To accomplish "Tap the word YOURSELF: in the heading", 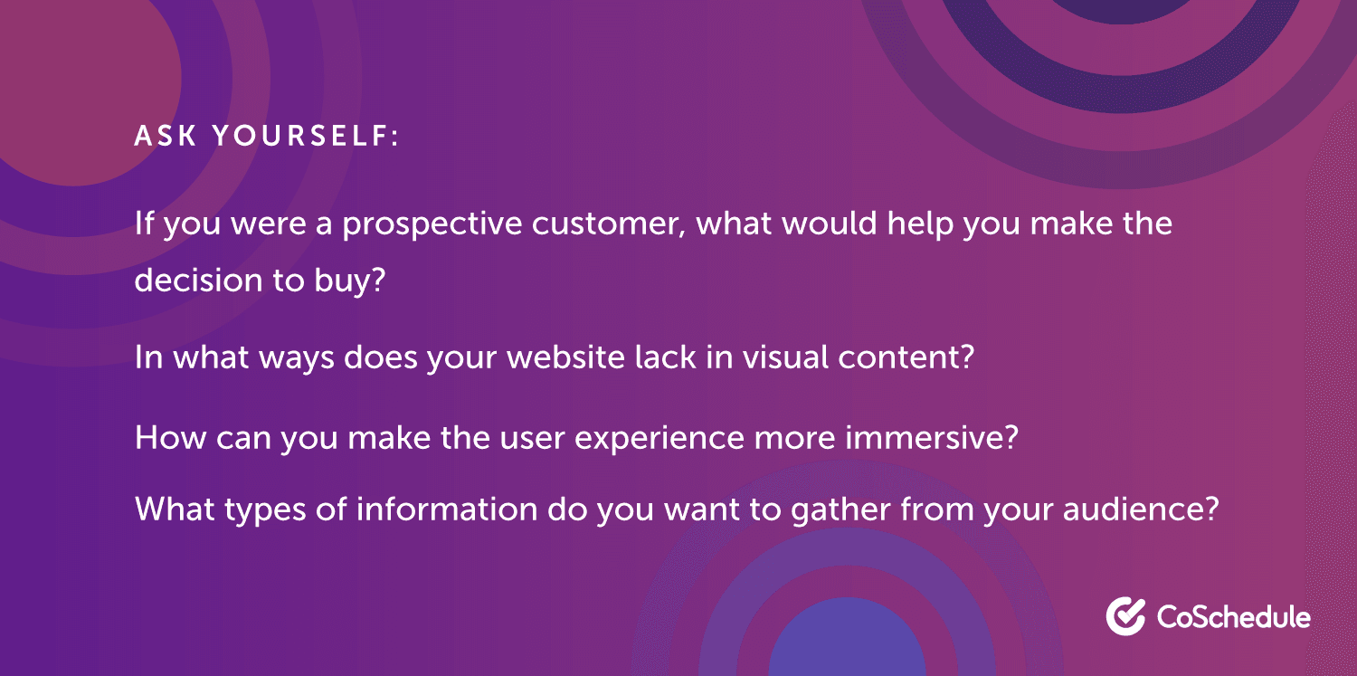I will (305, 137).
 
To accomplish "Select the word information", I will (447, 509).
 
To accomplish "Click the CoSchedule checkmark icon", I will (1125, 615).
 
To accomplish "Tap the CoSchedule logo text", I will (1233, 617).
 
